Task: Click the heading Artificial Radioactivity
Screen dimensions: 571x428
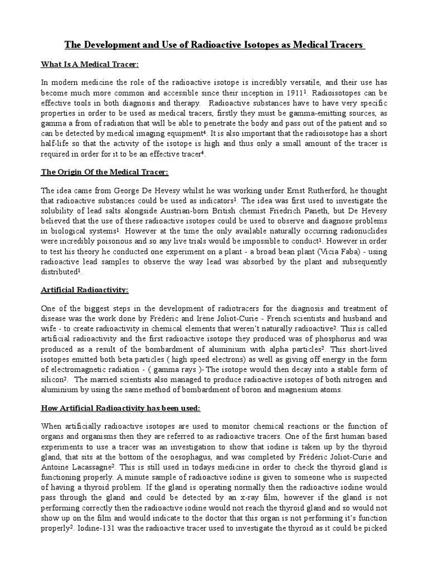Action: tap(85, 290)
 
